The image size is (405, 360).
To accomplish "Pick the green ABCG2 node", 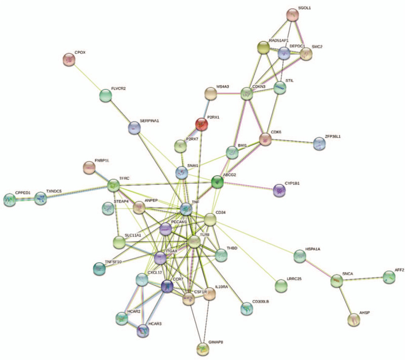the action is (x=217, y=182).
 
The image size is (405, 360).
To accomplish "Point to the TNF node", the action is (x=186, y=208).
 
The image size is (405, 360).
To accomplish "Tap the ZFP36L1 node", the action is (x=319, y=144).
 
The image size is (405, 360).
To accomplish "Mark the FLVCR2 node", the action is (x=105, y=95).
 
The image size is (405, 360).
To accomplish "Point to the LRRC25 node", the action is (x=281, y=287).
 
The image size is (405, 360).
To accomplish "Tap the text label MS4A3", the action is (x=222, y=87).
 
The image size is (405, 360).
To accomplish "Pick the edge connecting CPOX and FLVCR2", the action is (x=87, y=77).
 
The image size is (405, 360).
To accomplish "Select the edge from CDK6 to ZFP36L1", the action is (x=292, y=141).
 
